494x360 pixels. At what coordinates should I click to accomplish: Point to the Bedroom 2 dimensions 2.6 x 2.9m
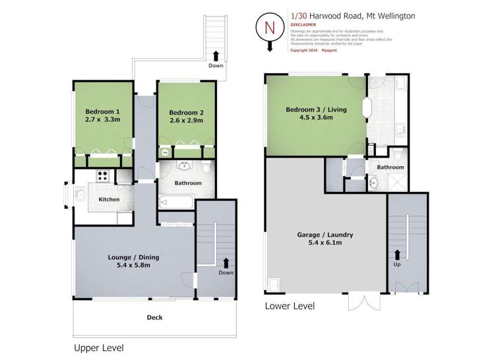tap(185, 121)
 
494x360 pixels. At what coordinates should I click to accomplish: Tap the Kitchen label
tap(109, 199)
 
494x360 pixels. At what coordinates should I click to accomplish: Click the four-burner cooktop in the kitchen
tap(103, 176)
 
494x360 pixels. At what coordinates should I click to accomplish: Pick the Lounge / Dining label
tap(134, 257)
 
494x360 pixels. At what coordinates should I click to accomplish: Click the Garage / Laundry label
tap(323, 234)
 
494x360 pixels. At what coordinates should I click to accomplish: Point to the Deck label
tap(154, 317)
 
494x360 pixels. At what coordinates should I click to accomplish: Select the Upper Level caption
tap(98, 347)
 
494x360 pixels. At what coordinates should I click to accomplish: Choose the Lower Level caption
tap(290, 306)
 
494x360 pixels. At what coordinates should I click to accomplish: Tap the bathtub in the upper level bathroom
tap(175, 201)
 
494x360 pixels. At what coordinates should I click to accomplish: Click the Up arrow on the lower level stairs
tap(398, 254)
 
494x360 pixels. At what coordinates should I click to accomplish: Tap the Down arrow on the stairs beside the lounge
tap(226, 263)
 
